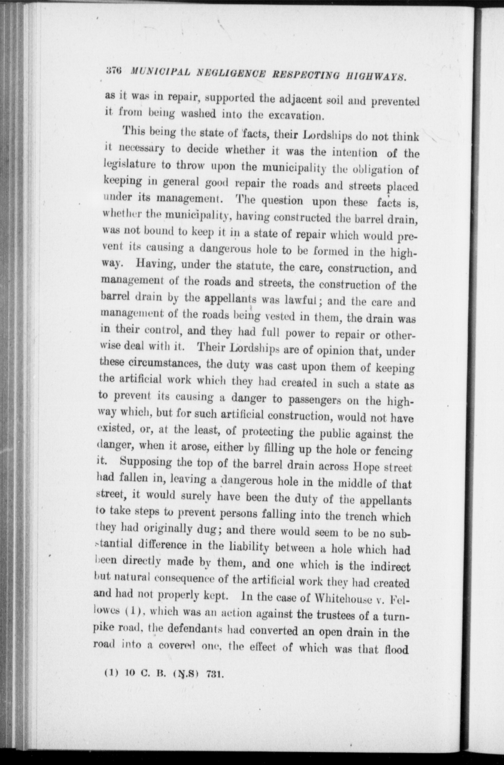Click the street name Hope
[x=366, y=467]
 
